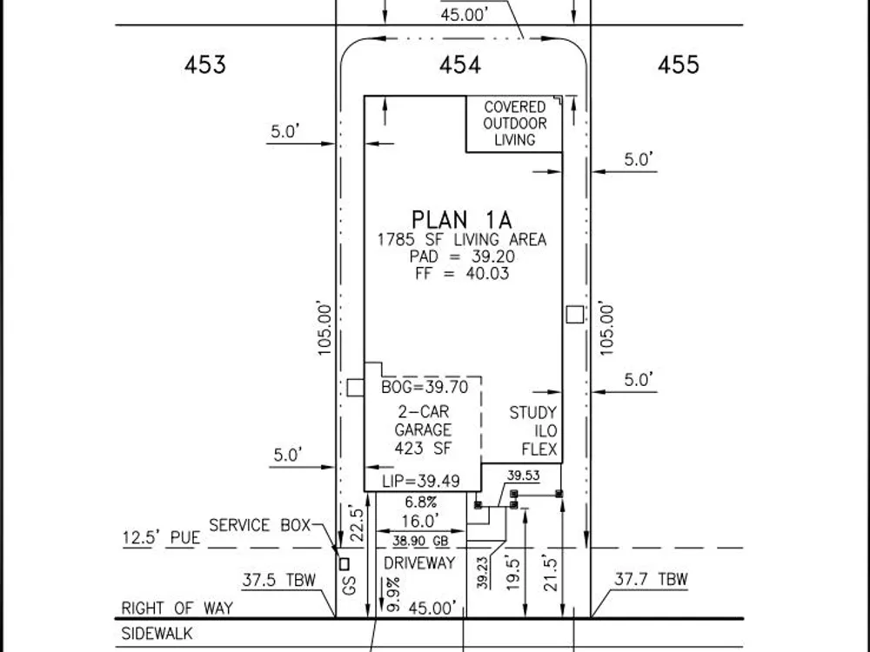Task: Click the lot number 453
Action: point(205,65)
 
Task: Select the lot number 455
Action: point(678,65)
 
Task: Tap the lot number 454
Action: point(460,65)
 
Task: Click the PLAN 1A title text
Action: point(462,220)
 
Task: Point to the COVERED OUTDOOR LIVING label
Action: point(515,123)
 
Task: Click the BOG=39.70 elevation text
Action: point(425,387)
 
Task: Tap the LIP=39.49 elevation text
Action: point(421,481)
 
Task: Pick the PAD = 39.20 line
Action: point(462,256)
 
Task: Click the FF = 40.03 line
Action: point(462,273)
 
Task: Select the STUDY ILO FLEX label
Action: point(533,431)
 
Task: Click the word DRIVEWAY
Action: point(419,563)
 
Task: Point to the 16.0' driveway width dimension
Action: point(420,521)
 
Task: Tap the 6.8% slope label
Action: point(420,502)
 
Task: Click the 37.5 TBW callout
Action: point(278,580)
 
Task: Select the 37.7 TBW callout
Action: point(651,579)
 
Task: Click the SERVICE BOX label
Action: point(259,525)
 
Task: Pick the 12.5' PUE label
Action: point(161,538)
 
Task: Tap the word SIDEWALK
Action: point(157,633)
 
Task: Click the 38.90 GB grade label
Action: point(420,541)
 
